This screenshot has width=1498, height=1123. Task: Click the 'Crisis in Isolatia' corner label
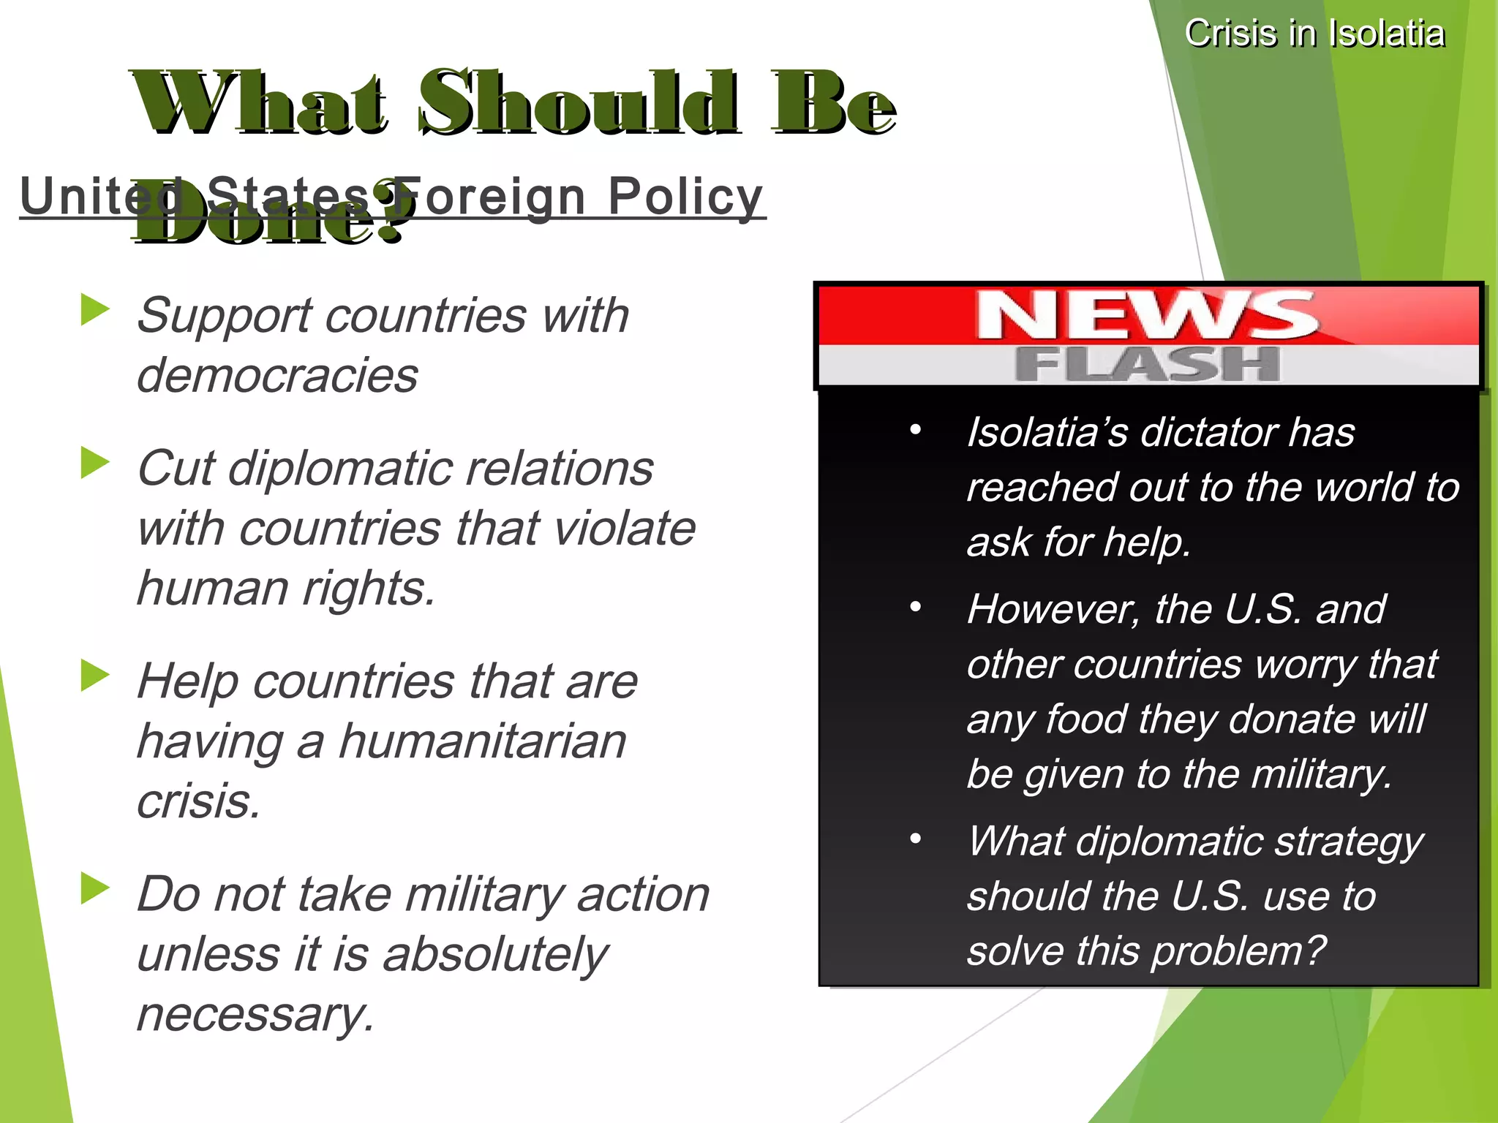[x=1314, y=34]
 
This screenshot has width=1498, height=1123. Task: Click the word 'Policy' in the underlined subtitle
[x=685, y=197]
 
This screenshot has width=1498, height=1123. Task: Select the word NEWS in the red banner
[x=1147, y=315]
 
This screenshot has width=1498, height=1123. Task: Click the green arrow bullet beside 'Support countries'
[x=95, y=309]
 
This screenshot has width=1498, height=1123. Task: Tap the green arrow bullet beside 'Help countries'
[x=95, y=675]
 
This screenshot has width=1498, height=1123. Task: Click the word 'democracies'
[x=277, y=376]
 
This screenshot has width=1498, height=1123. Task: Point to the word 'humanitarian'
[x=483, y=741]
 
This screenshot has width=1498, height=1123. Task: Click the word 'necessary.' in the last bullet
[x=255, y=1015]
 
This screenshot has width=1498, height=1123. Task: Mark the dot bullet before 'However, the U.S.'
[x=915, y=608]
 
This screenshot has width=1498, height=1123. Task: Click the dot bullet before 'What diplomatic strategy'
[x=915, y=839]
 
